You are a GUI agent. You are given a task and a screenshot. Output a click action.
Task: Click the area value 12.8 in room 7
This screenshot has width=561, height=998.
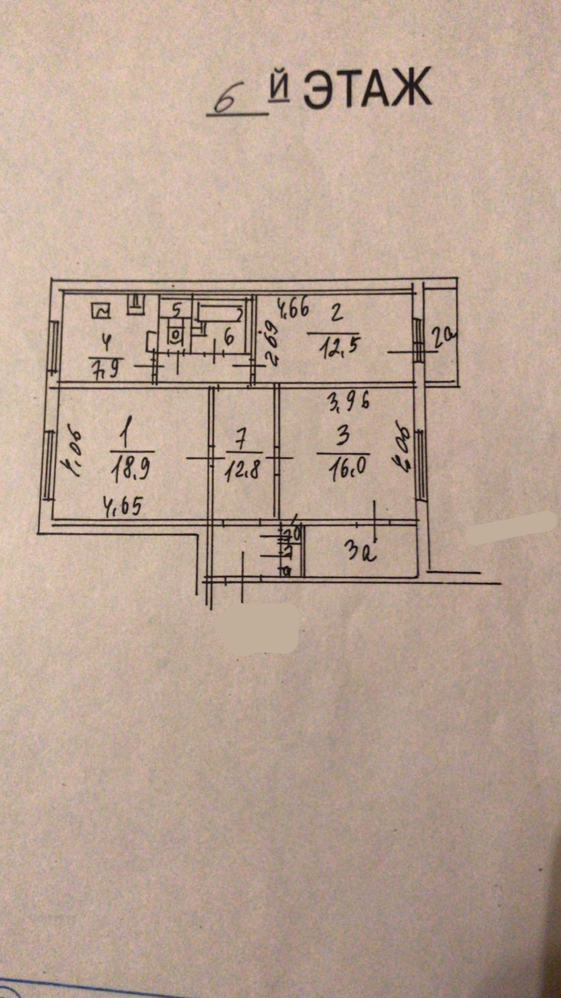[243, 469]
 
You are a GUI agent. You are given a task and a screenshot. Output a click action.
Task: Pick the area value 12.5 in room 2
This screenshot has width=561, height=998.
[335, 349]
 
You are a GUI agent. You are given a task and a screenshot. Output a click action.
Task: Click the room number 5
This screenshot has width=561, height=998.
[176, 309]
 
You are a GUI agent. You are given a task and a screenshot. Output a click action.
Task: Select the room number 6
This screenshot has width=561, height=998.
[228, 337]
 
